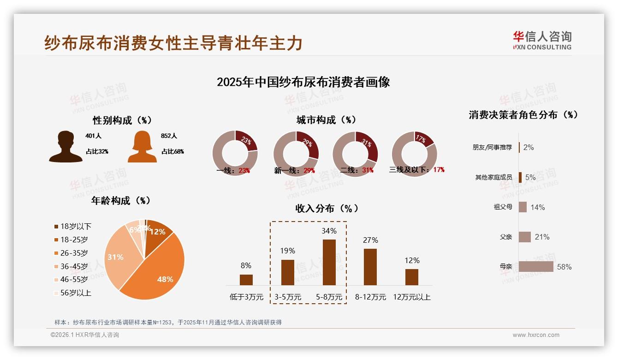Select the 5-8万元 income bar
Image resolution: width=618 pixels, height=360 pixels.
(329, 262)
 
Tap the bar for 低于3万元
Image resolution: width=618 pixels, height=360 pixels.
(246, 280)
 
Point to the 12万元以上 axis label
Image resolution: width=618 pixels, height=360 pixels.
(411, 297)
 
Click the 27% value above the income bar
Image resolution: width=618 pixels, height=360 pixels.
(370, 240)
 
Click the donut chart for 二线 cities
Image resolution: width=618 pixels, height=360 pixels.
(355, 153)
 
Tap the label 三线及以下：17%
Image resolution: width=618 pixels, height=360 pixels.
(417, 170)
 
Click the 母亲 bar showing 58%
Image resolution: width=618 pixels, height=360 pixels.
(535, 267)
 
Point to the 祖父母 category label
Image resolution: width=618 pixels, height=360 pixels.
(503, 207)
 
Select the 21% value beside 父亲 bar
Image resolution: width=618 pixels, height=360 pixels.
(542, 237)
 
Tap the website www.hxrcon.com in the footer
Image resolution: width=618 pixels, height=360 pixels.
(536, 335)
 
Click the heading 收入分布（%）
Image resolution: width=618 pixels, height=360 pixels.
(327, 208)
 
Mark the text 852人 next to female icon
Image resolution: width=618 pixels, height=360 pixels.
(169, 136)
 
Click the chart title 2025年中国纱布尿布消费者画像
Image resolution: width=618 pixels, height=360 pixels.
(303, 82)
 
